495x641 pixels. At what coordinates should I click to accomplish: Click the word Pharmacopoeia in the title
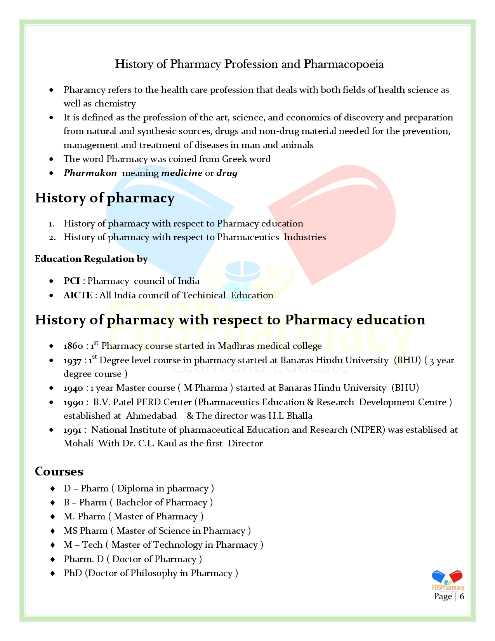pyautogui.click(x=344, y=64)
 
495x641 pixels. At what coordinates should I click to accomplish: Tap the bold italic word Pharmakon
pyautogui.click(x=90, y=173)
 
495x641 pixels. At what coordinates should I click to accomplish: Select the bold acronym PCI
pyautogui.click(x=72, y=281)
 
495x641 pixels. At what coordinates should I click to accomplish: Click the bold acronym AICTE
pyautogui.click(x=78, y=295)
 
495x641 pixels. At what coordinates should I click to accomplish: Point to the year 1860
pyautogui.click(x=73, y=346)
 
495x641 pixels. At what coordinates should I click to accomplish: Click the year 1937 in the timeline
pyautogui.click(x=73, y=361)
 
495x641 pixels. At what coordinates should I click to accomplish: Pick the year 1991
pyautogui.click(x=73, y=430)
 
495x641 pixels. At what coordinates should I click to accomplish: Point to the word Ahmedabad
pyautogui.click(x=151, y=416)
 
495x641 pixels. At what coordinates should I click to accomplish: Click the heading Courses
pyautogui.click(x=59, y=471)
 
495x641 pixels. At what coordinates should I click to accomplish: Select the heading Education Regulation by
pyautogui.click(x=91, y=259)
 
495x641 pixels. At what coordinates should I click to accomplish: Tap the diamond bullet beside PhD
pyautogui.click(x=52, y=573)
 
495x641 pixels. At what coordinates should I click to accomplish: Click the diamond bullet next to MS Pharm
pyautogui.click(x=52, y=531)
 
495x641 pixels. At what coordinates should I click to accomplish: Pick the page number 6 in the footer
pyautogui.click(x=462, y=596)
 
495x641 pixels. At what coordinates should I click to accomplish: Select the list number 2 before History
pyautogui.click(x=52, y=237)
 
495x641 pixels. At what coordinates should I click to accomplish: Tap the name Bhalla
pyautogui.click(x=299, y=416)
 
